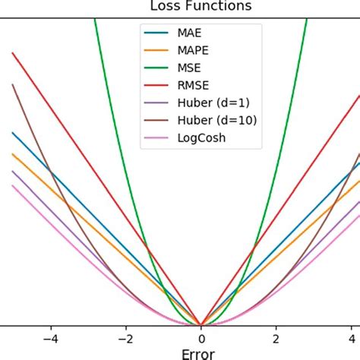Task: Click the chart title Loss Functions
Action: point(201,7)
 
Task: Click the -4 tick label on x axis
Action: point(50,336)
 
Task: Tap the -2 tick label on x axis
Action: point(125,336)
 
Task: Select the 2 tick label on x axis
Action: point(276,336)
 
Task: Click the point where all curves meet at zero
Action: point(201,324)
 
